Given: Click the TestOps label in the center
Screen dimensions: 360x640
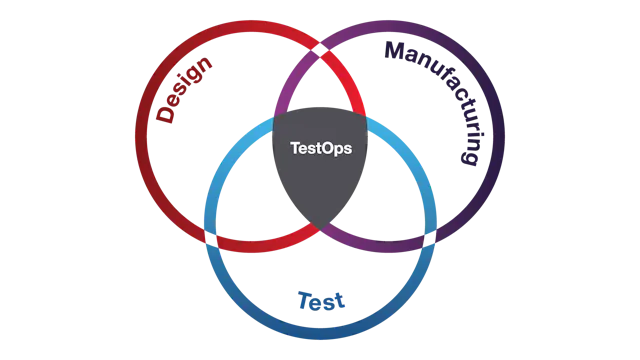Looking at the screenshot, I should pyautogui.click(x=320, y=147).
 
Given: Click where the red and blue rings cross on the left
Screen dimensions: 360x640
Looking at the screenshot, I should pyautogui.click(x=211, y=238).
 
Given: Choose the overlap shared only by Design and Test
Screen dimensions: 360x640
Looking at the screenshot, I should pyautogui.click(x=255, y=205).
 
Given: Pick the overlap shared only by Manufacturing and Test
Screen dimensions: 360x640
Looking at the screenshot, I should pyautogui.click(x=385, y=205).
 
